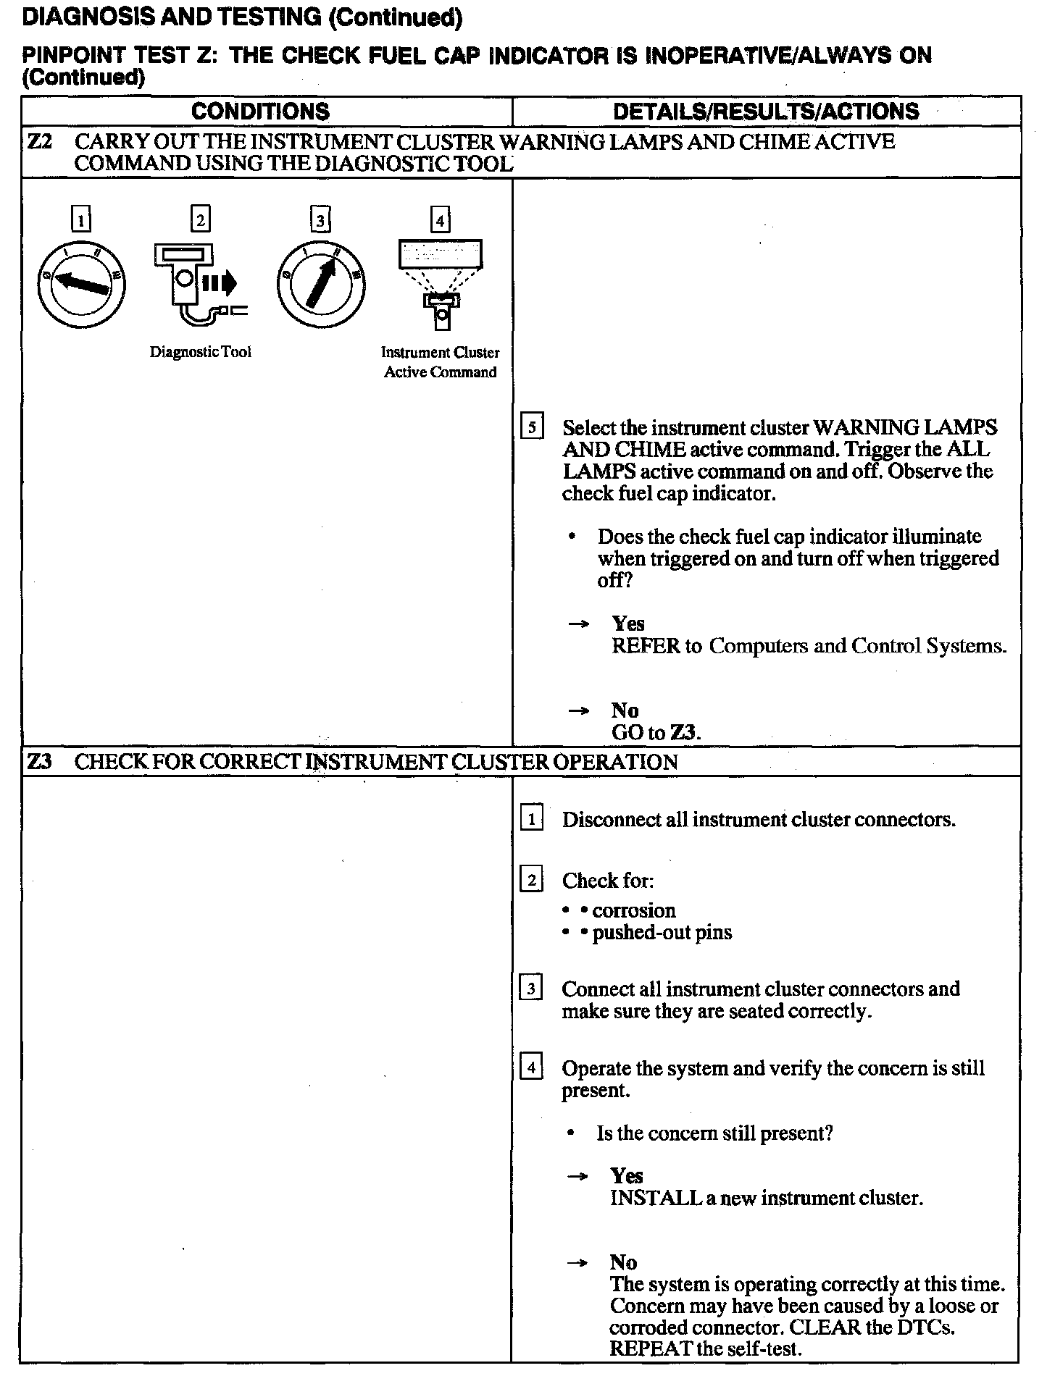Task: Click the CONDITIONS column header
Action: [x=260, y=112]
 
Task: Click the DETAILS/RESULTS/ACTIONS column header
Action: [x=766, y=112]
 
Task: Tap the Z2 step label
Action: [x=39, y=142]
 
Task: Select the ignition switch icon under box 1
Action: [x=81, y=283]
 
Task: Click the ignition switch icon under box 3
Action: [x=320, y=283]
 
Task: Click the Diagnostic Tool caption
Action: [x=200, y=352]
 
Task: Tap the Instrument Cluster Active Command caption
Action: [x=441, y=362]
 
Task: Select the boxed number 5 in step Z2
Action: [x=532, y=428]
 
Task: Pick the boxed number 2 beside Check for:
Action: [x=532, y=881]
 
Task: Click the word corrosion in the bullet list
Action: [x=634, y=910]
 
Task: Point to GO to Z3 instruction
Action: [x=656, y=732]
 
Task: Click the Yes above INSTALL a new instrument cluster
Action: [x=627, y=1175]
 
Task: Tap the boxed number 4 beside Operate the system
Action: [x=532, y=1068]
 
